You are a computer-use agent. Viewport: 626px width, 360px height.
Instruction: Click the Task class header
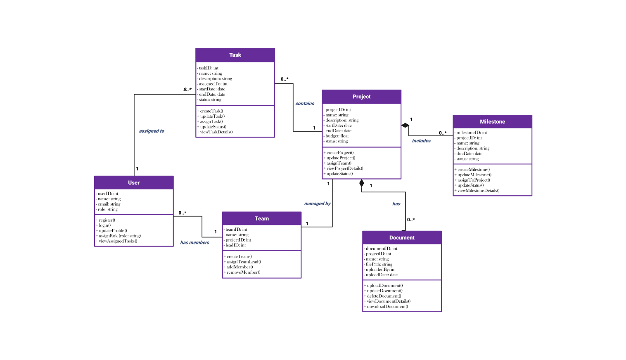pyautogui.click(x=235, y=55)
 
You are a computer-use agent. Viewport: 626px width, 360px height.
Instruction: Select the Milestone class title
pyautogui.click(x=492, y=122)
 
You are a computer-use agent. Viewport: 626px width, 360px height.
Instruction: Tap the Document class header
pyautogui.click(x=402, y=238)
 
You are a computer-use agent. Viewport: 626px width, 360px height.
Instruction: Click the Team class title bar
pyautogui.click(x=261, y=219)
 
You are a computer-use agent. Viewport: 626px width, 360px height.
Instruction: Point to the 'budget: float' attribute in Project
pyautogui.click(x=337, y=136)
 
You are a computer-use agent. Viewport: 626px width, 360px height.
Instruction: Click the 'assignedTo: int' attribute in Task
pyautogui.click(x=213, y=84)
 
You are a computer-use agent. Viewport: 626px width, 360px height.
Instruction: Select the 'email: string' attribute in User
pyautogui.click(x=109, y=204)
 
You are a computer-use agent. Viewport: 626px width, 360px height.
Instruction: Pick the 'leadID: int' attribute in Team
pyautogui.click(x=235, y=245)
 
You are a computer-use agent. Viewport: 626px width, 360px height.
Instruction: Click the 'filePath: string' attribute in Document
pyautogui.click(x=379, y=264)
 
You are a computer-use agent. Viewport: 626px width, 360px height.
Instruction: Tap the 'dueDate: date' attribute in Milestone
pyautogui.click(x=469, y=154)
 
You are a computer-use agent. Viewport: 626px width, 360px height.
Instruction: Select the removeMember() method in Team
pyautogui.click(x=243, y=272)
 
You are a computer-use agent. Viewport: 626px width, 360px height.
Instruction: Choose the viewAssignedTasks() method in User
pyautogui.click(x=118, y=241)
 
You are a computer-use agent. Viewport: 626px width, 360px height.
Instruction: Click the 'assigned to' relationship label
pyautogui.click(x=152, y=131)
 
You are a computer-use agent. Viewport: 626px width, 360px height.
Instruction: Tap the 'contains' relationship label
pyautogui.click(x=305, y=104)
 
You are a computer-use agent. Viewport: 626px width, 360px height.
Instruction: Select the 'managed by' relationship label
pyautogui.click(x=317, y=204)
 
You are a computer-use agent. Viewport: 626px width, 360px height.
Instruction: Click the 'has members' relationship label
pyautogui.click(x=194, y=242)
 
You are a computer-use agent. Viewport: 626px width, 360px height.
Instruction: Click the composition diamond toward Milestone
pyautogui.click(x=405, y=125)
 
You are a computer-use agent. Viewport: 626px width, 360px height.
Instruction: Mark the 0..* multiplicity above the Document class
pyautogui.click(x=411, y=220)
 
